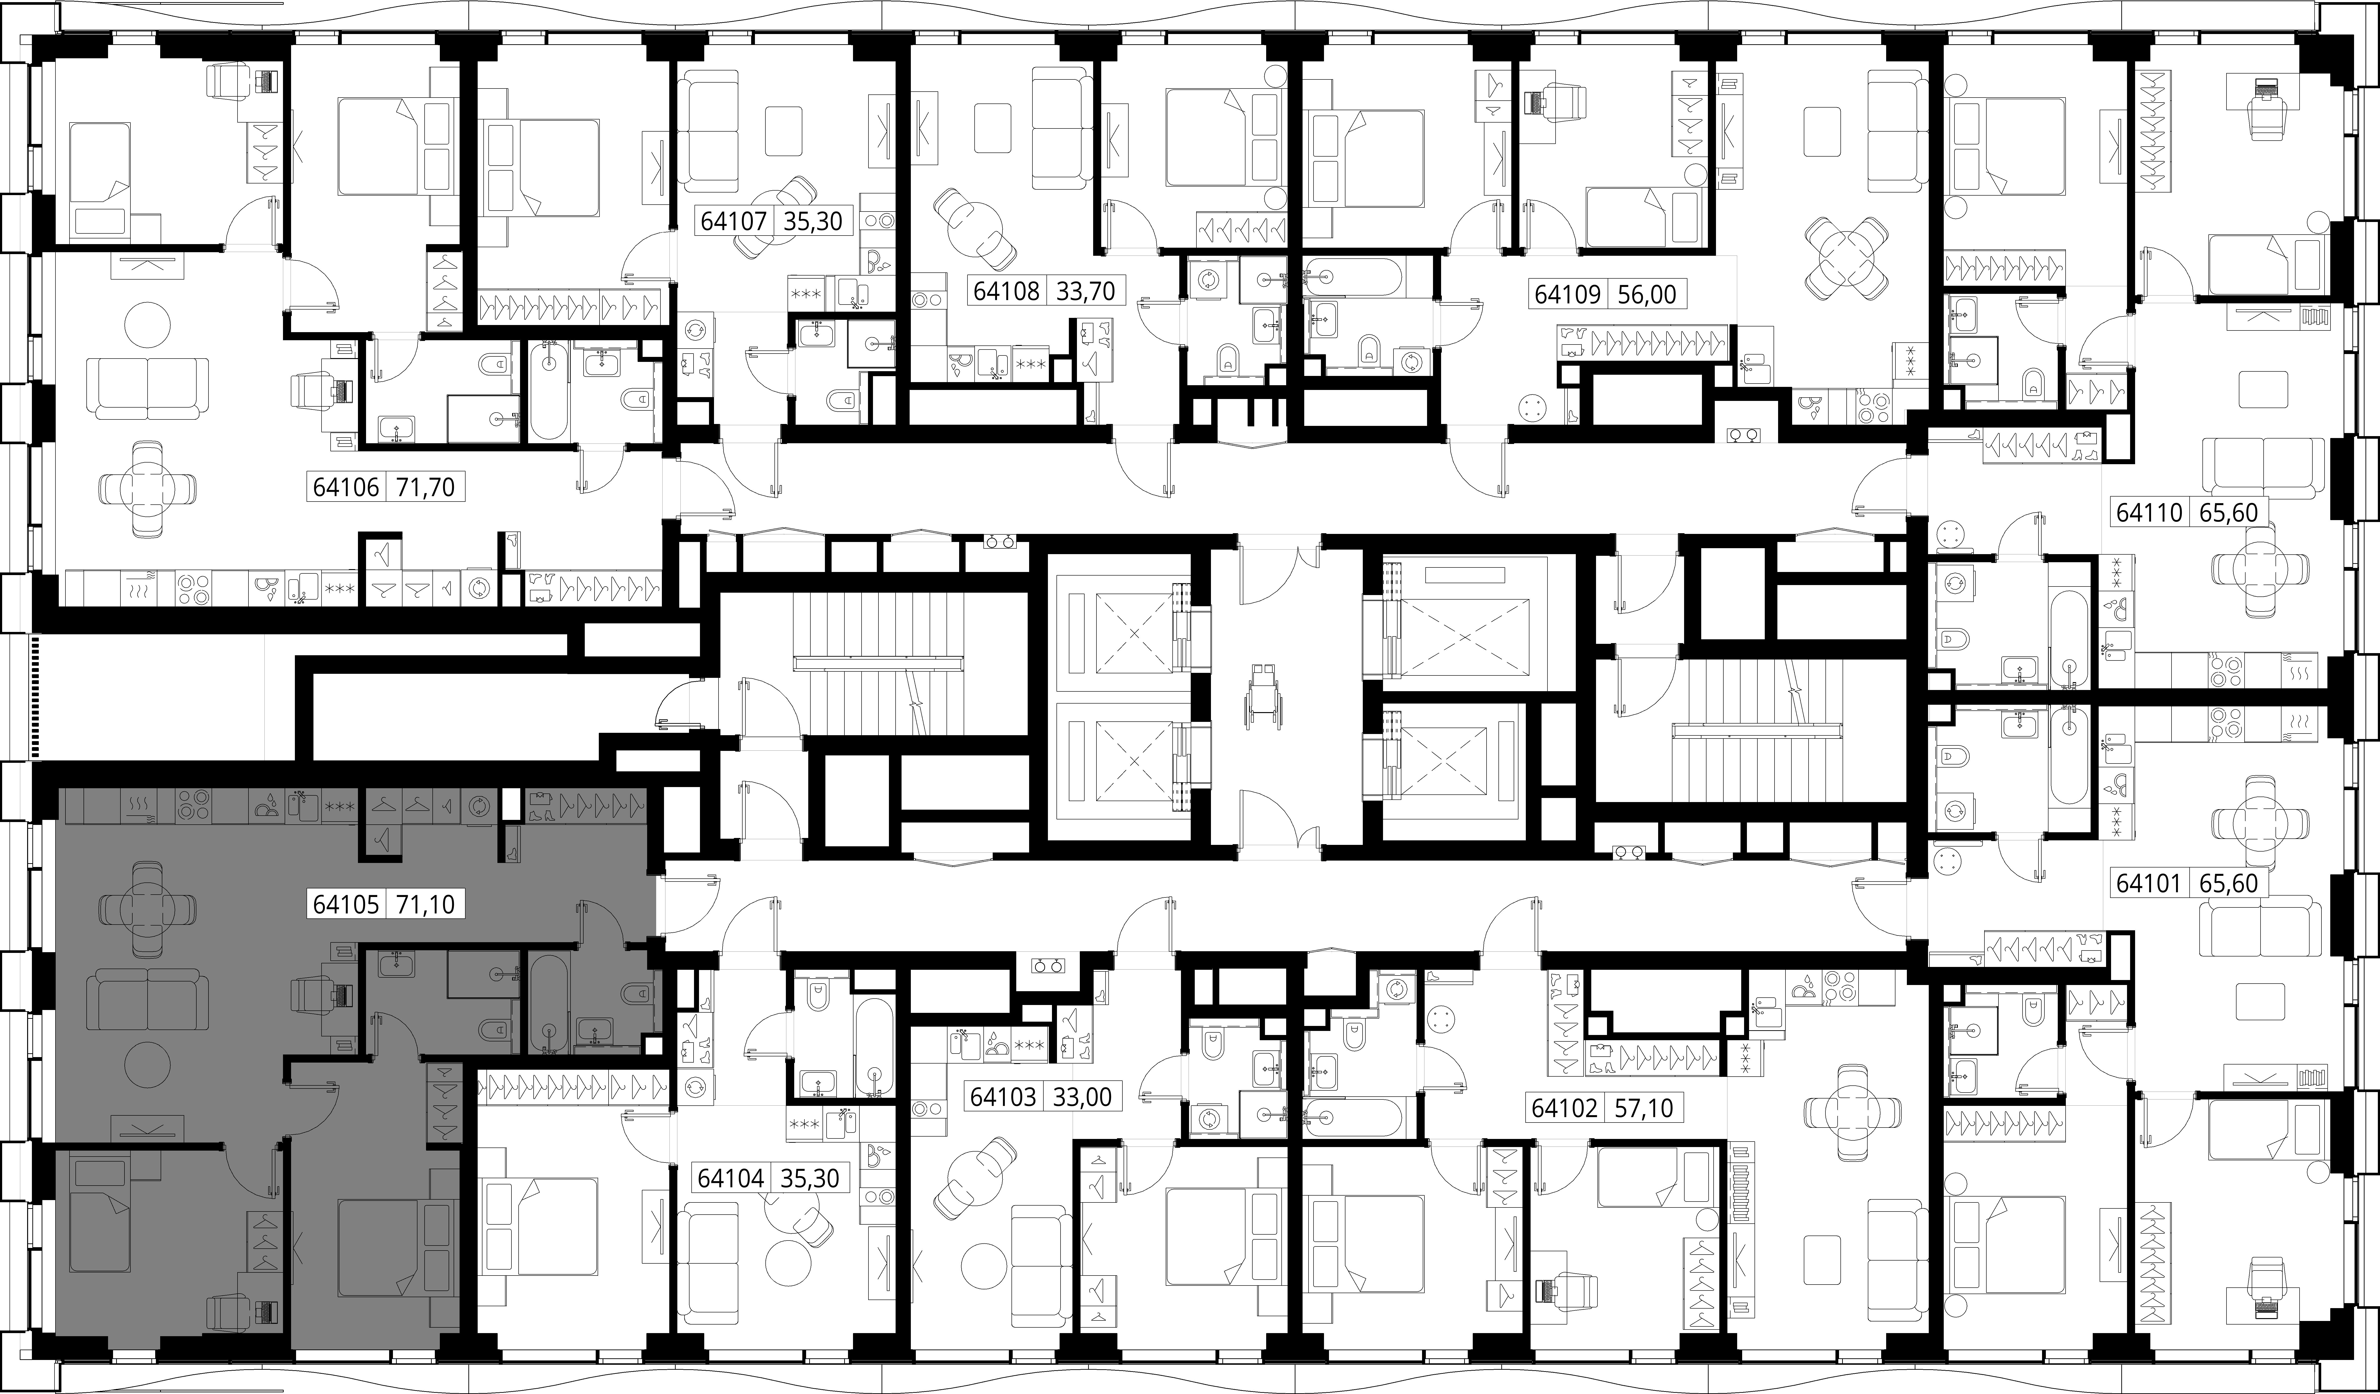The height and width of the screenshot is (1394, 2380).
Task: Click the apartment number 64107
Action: (734, 221)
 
